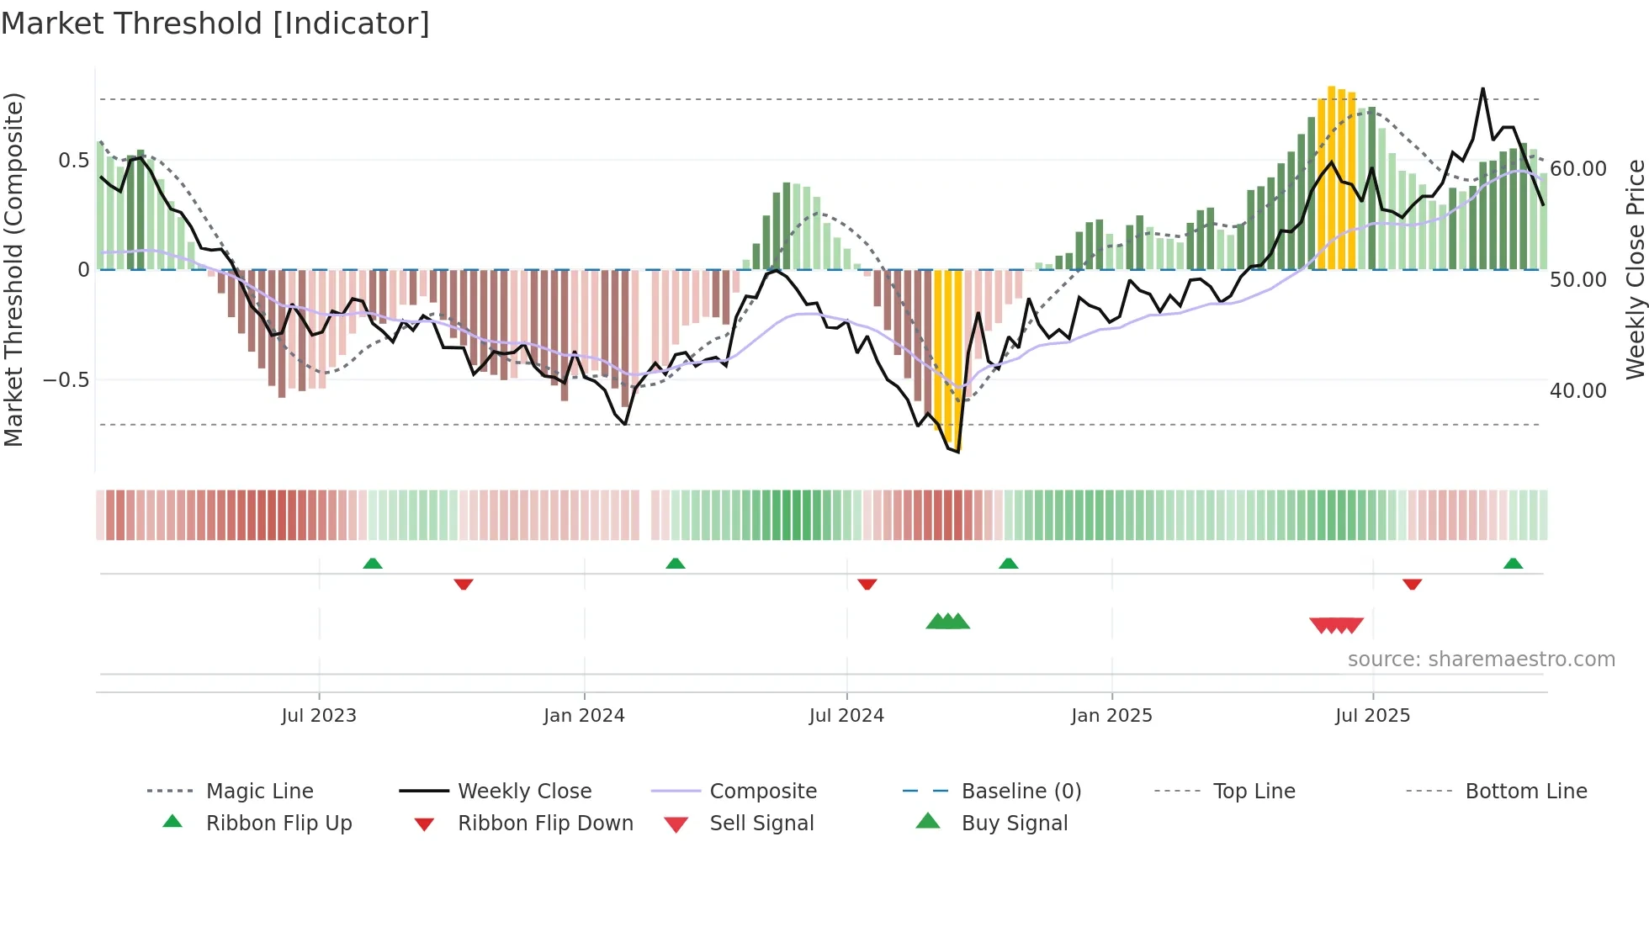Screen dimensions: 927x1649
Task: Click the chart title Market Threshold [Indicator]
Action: click(215, 24)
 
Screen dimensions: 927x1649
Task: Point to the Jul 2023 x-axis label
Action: click(319, 716)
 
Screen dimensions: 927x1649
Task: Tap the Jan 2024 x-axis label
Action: click(584, 716)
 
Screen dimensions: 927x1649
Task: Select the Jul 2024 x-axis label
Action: click(846, 716)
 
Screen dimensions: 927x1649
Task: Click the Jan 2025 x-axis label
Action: click(1111, 716)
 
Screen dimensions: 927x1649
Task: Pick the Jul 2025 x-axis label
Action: click(1372, 716)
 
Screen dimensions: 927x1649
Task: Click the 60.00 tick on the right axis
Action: click(1578, 169)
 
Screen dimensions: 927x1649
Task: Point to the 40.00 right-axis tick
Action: click(1578, 391)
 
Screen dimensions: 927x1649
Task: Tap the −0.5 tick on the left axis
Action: click(66, 380)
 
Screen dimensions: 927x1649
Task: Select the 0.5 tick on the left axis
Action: click(73, 161)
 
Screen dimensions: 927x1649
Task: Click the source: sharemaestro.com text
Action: click(1481, 659)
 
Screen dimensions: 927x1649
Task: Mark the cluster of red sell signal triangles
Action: click(1336, 626)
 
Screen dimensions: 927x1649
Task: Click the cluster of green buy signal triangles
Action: click(948, 622)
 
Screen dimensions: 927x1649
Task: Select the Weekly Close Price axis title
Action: click(1635, 269)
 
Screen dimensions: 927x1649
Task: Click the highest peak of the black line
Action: click(1482, 88)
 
